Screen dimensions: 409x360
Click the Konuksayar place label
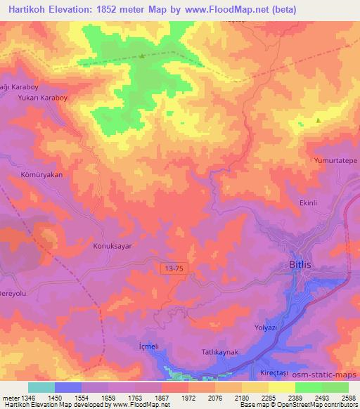[x=113, y=247]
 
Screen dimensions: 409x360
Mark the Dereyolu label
[x=16, y=293]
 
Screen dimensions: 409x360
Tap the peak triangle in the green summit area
[x=142, y=56]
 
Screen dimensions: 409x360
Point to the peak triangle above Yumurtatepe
[x=318, y=120]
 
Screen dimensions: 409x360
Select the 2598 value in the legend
[x=347, y=398]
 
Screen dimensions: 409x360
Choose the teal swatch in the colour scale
[x=41, y=387]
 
